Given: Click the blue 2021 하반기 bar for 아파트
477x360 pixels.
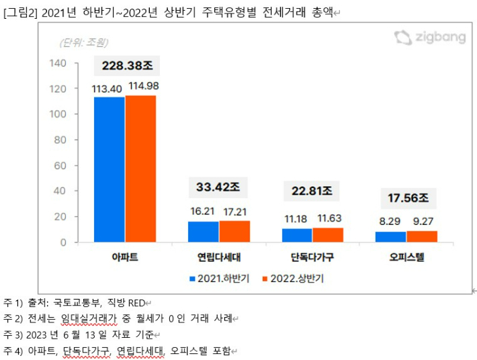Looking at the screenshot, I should click(109, 169).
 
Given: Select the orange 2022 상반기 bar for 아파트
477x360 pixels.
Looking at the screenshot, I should click(140, 169).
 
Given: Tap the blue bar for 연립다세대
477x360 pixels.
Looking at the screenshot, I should click(203, 232).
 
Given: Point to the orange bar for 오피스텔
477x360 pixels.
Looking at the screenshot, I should click(422, 236).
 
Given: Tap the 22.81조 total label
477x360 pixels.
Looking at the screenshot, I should click(312, 191).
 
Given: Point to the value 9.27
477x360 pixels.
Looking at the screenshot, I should click(423, 221).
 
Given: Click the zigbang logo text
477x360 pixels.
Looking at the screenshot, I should click(439, 38).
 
